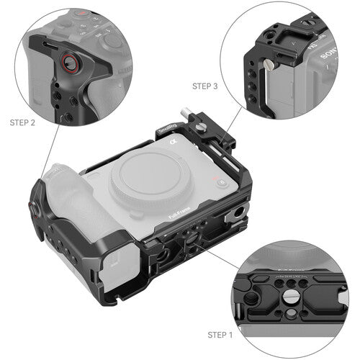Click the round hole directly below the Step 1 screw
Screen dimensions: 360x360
pos(297,308)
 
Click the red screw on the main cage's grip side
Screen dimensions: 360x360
pos(33,209)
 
